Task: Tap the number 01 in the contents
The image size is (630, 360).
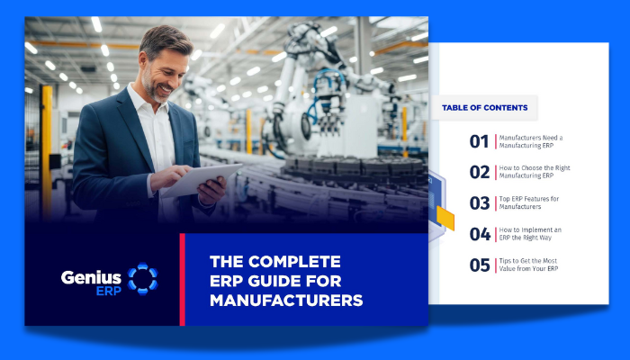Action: (x=479, y=141)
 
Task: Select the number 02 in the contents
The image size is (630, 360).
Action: (x=479, y=172)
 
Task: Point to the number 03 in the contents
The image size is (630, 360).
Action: (x=479, y=202)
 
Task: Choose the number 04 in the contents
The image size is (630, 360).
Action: (x=479, y=234)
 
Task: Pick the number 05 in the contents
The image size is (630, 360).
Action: (x=479, y=265)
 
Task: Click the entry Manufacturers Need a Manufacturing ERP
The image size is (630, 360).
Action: (x=530, y=141)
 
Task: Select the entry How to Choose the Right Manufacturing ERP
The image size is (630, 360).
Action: (x=534, y=172)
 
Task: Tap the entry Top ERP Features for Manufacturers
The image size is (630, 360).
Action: (x=528, y=202)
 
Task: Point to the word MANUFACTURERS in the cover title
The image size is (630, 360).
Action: (x=285, y=300)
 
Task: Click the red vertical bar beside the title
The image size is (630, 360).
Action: (x=182, y=279)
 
